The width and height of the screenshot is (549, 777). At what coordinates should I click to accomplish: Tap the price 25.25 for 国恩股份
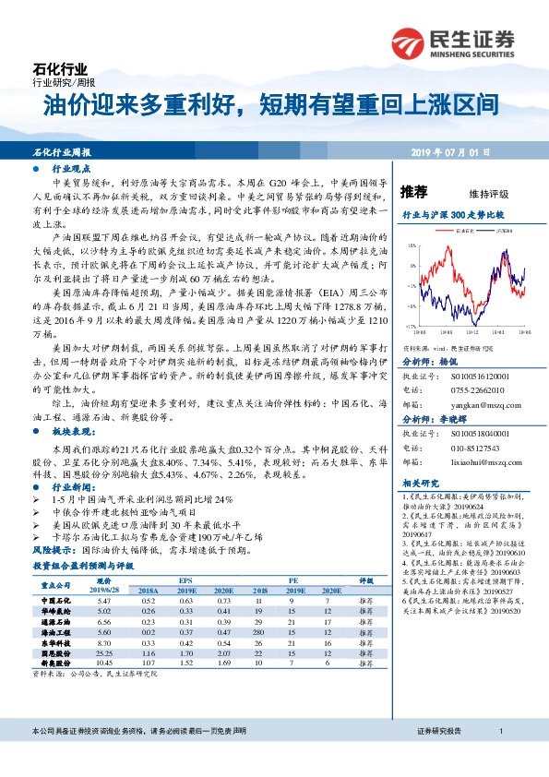pos(104,651)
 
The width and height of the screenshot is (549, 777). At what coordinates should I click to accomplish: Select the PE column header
pos(294,580)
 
